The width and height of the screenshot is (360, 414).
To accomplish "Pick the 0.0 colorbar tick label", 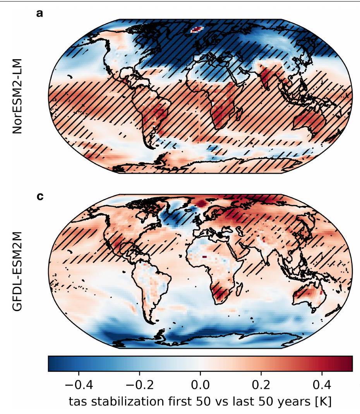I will click(x=201, y=387).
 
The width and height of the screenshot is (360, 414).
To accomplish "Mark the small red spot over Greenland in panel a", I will click(x=197, y=29).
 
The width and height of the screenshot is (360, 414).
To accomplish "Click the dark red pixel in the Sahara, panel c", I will click(x=204, y=256).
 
